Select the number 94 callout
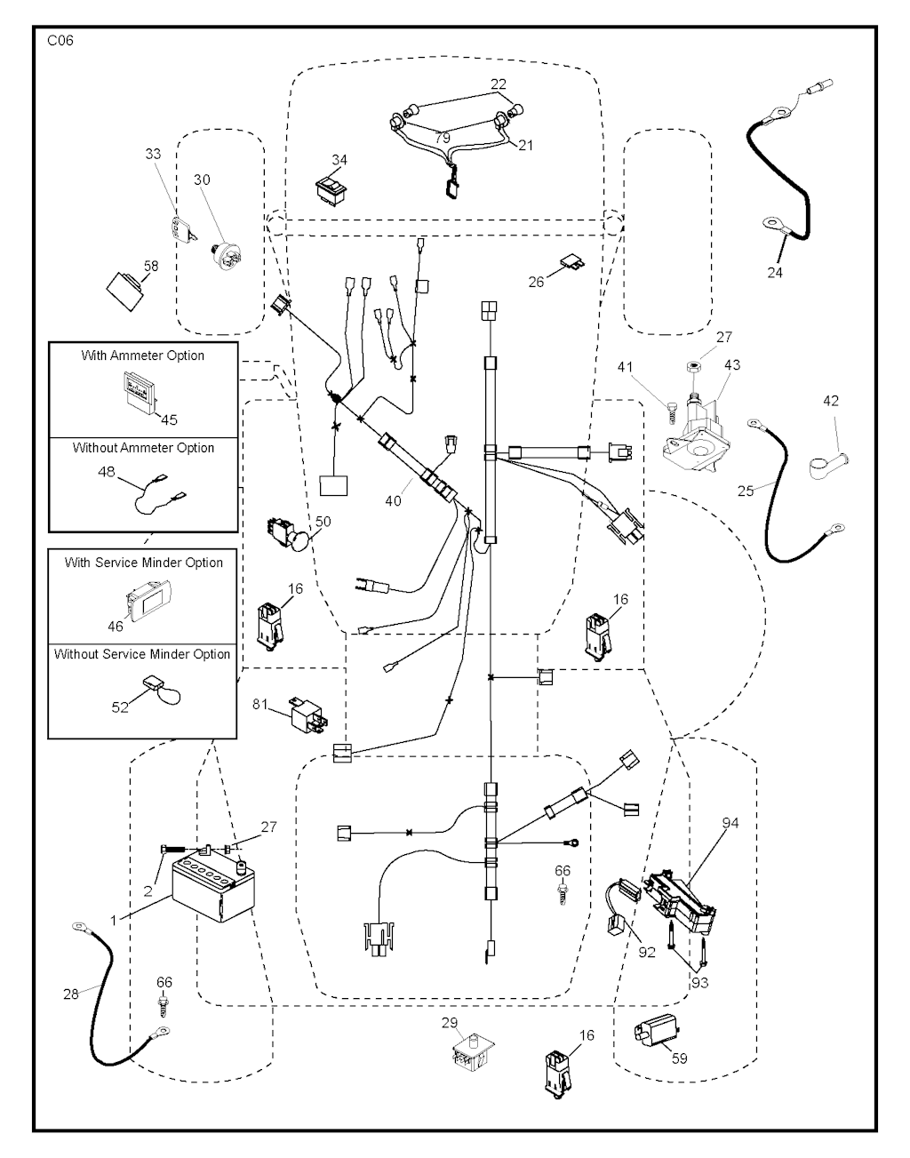tap(730, 824)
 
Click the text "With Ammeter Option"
tap(143, 355)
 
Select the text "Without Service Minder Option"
tap(142, 654)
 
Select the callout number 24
tap(775, 272)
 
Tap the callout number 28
tap(71, 994)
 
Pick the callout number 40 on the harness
tap(394, 500)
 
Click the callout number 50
tap(323, 521)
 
